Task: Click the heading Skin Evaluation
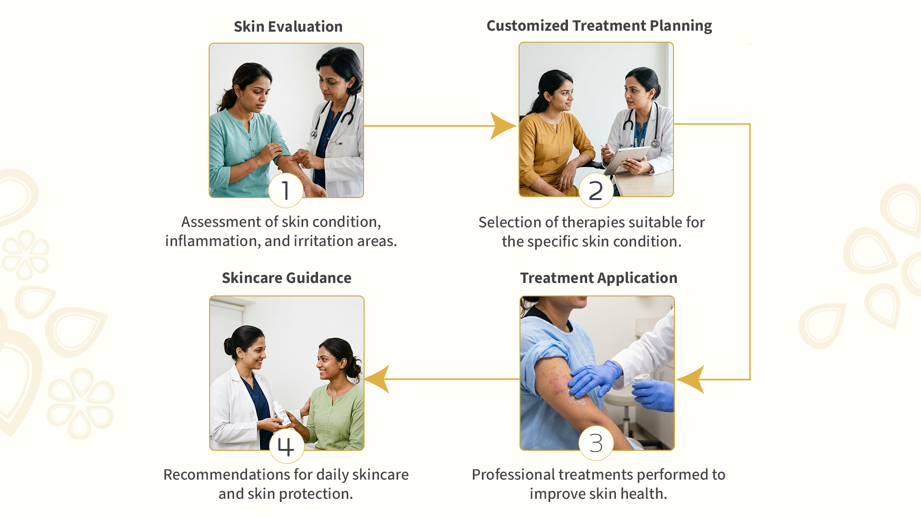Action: [288, 26]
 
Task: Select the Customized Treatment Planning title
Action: [599, 26]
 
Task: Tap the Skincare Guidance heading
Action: [286, 278]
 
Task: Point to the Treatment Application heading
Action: [599, 278]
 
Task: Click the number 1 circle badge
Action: [286, 190]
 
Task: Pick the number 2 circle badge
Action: [596, 190]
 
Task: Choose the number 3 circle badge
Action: [596, 443]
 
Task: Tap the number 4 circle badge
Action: [286, 446]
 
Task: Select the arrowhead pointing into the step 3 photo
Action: [691, 379]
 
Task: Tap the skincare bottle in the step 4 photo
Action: [281, 412]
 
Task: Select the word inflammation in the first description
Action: [213, 241]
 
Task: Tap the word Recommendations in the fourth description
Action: [226, 475]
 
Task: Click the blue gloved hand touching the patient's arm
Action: [595, 378]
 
